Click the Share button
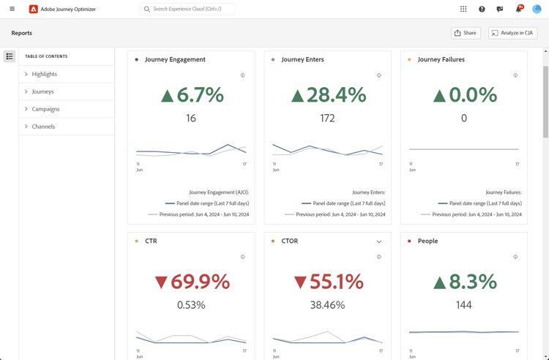[466, 33]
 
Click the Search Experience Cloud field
[187, 10]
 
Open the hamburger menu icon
[12, 9]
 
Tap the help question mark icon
[482, 10]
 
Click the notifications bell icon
[518, 10]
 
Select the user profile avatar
[537, 9]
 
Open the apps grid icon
[463, 10]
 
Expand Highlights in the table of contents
[45, 74]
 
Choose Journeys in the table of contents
[43, 91]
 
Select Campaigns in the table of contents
[45, 109]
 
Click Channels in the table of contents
[43, 127]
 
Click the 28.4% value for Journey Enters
[328, 94]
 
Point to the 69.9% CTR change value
[192, 282]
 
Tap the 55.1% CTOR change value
[328, 282]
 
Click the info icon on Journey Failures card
[515, 75]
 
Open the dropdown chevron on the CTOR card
[379, 241]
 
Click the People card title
[427, 241]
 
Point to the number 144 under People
[464, 305]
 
